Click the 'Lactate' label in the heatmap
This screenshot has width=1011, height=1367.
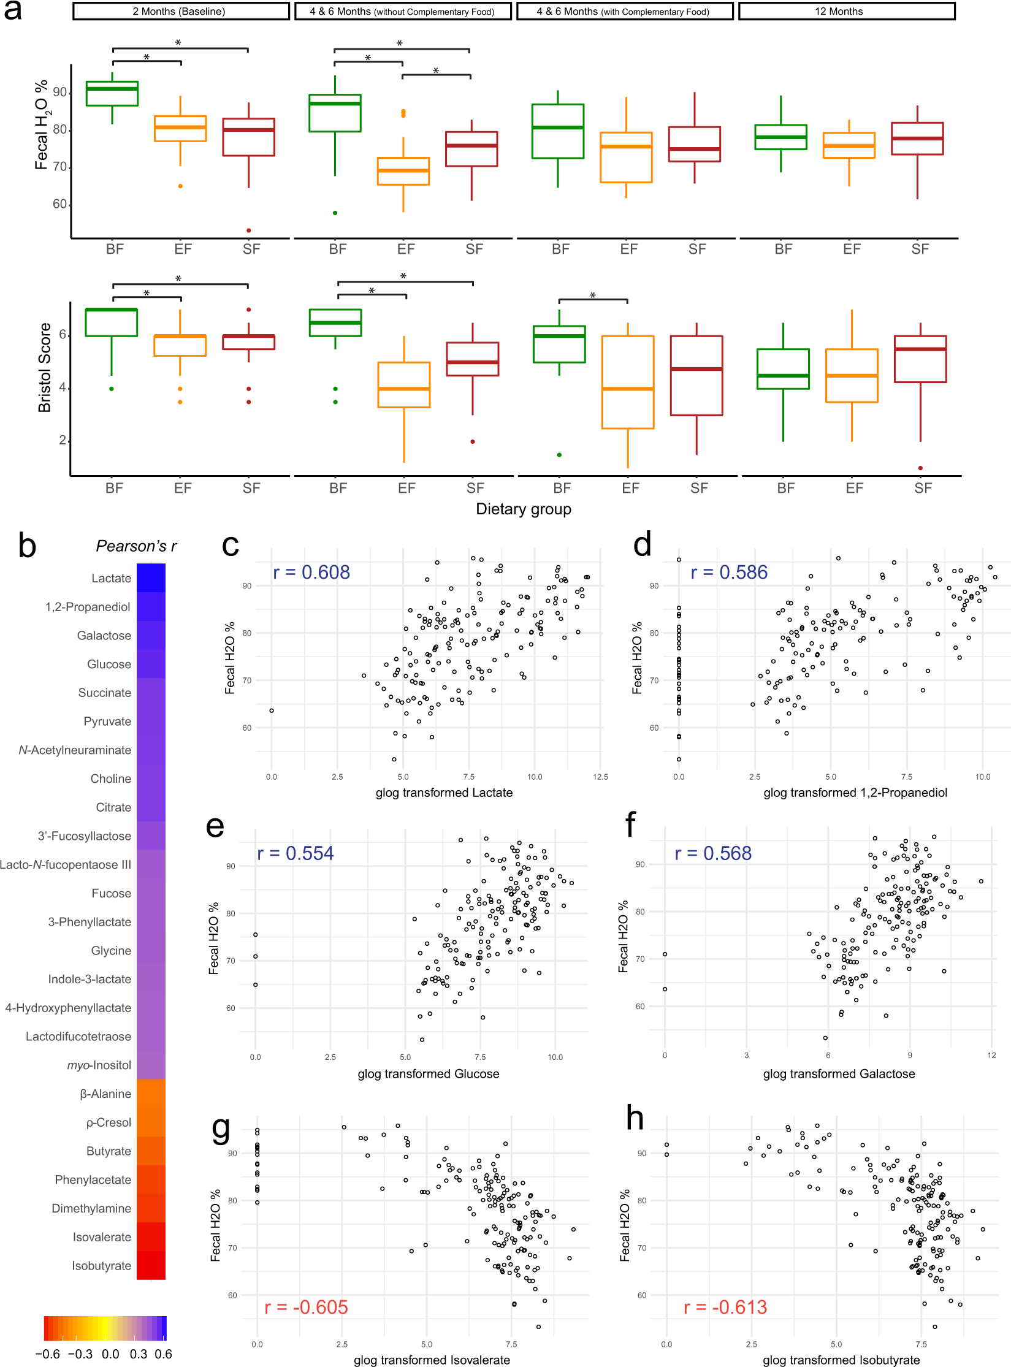pyautogui.click(x=111, y=578)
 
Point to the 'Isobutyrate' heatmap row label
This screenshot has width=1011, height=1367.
pyautogui.click(x=101, y=1266)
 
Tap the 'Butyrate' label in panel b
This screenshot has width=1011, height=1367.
pyautogui.click(x=109, y=1151)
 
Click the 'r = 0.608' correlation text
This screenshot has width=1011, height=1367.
pyautogui.click(x=311, y=572)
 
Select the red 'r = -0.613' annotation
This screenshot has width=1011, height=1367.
pyautogui.click(x=725, y=1308)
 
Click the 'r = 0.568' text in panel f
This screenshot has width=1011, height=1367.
pyautogui.click(x=713, y=853)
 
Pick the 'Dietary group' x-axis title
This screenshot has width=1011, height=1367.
pyautogui.click(x=524, y=509)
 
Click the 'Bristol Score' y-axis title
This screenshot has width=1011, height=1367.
pyautogui.click(x=44, y=367)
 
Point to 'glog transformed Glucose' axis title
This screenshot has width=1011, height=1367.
pyautogui.click(x=429, y=1074)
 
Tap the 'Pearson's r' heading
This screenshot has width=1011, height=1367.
pyautogui.click(x=136, y=546)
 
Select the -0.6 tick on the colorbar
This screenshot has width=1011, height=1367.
pyautogui.click(x=48, y=1354)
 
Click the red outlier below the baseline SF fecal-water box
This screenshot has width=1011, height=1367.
pyautogui.click(x=249, y=230)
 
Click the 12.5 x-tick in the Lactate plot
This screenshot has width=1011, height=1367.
pyautogui.click(x=600, y=777)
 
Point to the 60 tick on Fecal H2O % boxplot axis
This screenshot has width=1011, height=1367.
pyautogui.click(x=60, y=204)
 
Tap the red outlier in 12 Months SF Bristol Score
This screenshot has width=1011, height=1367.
pyautogui.click(x=920, y=468)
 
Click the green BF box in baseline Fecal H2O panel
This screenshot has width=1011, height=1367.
pyautogui.click(x=112, y=93)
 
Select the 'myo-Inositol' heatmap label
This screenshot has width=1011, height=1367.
pyautogui.click(x=99, y=1065)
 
